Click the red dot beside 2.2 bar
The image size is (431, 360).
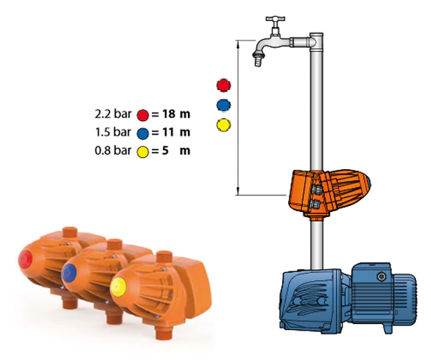point(143,115)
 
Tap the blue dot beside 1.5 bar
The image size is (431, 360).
point(143,134)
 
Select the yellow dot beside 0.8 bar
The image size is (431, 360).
point(143,152)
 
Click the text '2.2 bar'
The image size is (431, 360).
point(113,113)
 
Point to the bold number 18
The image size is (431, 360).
point(168,113)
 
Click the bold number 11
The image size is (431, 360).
point(168,132)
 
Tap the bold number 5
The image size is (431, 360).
point(165,150)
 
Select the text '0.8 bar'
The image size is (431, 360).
point(113,150)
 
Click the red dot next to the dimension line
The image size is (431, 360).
point(223,85)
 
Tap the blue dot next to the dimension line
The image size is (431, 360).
point(223,105)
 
